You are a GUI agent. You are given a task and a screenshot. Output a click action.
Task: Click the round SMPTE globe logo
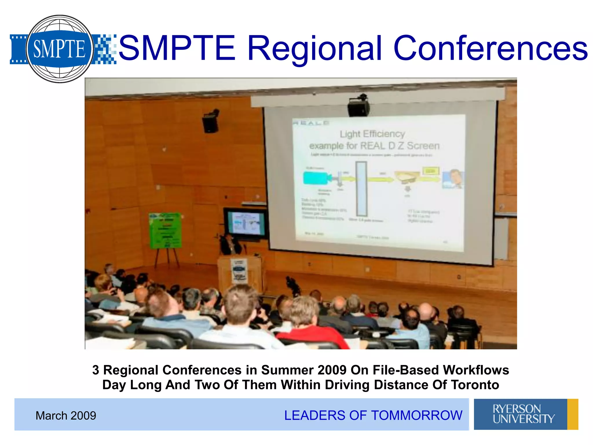tap(59, 49)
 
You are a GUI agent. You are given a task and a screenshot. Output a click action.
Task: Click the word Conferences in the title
tap(490, 49)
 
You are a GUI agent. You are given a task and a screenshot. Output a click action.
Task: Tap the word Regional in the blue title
tap(314, 49)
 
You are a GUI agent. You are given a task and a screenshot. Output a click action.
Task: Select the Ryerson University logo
tap(521, 414)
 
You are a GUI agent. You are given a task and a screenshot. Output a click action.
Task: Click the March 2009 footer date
tap(66, 415)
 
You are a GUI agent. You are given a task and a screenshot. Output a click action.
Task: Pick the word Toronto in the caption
tap(475, 385)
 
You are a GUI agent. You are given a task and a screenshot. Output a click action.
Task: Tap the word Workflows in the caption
tap(476, 370)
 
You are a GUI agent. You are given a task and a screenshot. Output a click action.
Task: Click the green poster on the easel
tap(165, 230)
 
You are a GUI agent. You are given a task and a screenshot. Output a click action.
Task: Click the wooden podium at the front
tap(240, 272)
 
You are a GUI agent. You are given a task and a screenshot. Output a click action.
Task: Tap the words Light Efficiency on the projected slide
tap(372, 134)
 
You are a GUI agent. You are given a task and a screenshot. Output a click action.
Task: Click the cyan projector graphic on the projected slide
tap(316, 178)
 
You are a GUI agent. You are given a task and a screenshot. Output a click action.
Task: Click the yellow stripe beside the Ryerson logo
tap(572, 414)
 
